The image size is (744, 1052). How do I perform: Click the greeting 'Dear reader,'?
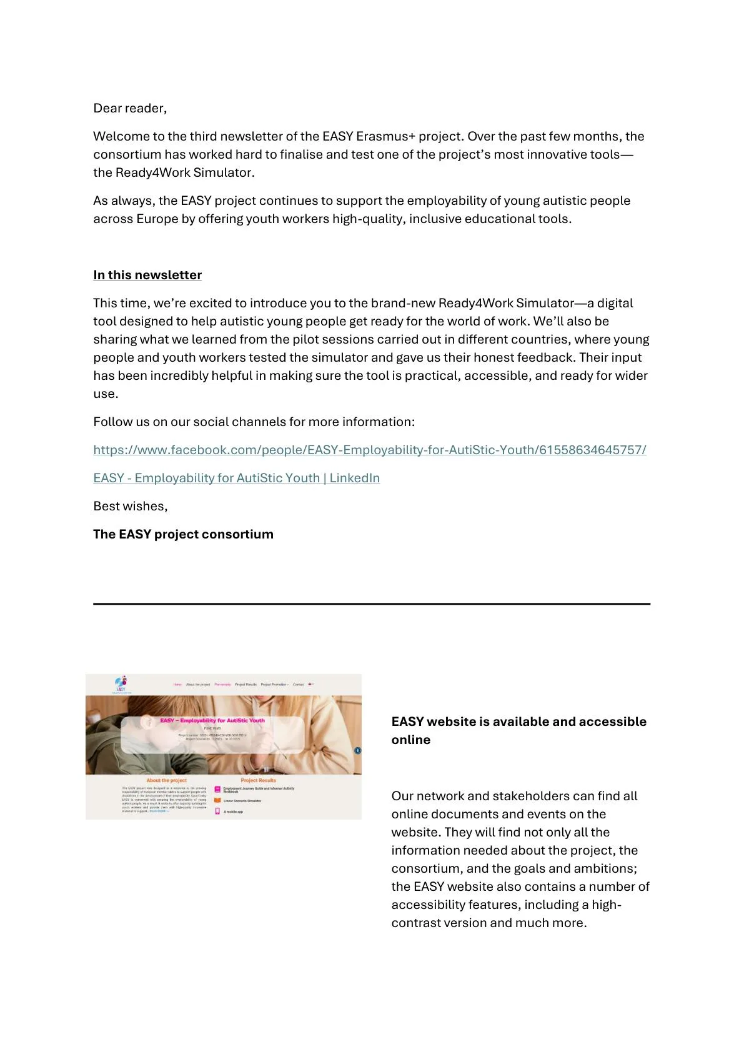click(130, 108)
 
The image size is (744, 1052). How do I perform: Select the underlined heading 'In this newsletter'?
click(147, 275)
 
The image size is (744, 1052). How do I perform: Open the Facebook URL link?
click(370, 450)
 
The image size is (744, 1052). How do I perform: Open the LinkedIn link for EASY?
click(236, 478)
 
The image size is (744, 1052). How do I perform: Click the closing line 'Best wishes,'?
click(131, 506)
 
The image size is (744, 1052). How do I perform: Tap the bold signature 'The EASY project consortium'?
click(183, 534)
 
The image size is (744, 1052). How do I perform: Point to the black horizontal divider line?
click(372, 604)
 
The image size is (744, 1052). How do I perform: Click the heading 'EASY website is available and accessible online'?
click(518, 730)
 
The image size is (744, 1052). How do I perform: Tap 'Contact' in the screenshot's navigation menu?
click(298, 685)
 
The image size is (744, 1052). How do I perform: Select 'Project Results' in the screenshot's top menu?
click(246, 685)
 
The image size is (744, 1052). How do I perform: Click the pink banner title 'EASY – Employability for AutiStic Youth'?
click(212, 720)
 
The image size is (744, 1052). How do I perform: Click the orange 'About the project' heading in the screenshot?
click(166, 780)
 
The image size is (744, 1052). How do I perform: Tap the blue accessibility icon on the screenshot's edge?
click(357, 750)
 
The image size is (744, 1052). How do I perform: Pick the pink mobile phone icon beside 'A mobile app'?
click(217, 811)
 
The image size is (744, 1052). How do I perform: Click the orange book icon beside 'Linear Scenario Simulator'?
click(217, 800)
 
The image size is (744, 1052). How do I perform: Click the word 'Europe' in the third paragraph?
click(157, 219)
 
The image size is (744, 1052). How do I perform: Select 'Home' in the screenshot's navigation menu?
click(177, 685)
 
